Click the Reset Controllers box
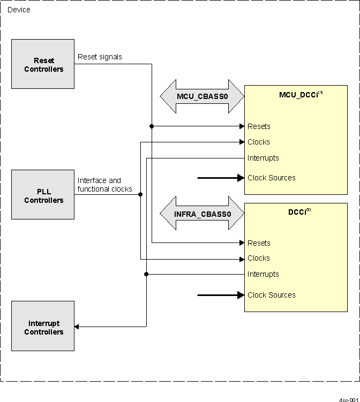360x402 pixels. tap(43, 64)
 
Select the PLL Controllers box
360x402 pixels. tap(43, 195)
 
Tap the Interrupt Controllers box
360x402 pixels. tap(43, 327)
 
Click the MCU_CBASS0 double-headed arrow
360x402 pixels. tap(202, 96)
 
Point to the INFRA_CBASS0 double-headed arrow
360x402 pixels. tap(202, 214)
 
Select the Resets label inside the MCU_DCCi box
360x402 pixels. tap(259, 126)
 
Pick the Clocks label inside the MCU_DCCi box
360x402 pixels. tap(259, 142)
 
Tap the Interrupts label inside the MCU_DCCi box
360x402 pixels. tap(263, 158)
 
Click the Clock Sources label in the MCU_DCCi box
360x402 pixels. tap(271, 178)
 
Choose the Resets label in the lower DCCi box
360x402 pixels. tap(259, 243)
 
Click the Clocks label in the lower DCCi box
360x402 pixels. tap(259, 258)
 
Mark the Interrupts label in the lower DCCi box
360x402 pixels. tap(263, 274)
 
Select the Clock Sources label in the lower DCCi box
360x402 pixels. tap(271, 295)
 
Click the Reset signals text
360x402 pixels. tap(100, 57)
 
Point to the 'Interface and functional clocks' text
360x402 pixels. tap(104, 185)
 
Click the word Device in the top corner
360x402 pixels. tap(19, 10)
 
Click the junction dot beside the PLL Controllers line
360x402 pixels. tap(140, 194)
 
